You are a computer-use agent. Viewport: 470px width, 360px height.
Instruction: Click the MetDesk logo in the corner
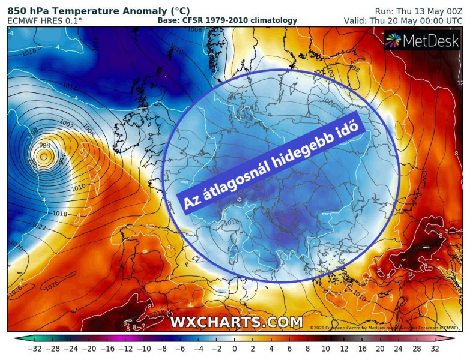[x=421, y=41]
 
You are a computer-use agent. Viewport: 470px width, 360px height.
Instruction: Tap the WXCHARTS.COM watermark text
[x=236, y=322]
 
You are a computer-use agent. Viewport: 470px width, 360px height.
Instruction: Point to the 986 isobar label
[x=44, y=146]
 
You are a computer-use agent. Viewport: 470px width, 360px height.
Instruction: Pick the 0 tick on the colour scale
[x=235, y=349]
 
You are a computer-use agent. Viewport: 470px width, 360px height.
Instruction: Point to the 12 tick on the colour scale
[x=344, y=349]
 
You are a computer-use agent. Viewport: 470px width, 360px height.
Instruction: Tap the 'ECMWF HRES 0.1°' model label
[x=45, y=21]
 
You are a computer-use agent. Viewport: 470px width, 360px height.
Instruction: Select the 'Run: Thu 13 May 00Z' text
[x=418, y=11]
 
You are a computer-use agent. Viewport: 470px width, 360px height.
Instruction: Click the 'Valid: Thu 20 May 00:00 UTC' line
[x=402, y=21]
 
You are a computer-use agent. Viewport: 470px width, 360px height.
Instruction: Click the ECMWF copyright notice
[x=384, y=328]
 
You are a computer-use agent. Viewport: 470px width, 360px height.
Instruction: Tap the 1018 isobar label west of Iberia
[x=59, y=214]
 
